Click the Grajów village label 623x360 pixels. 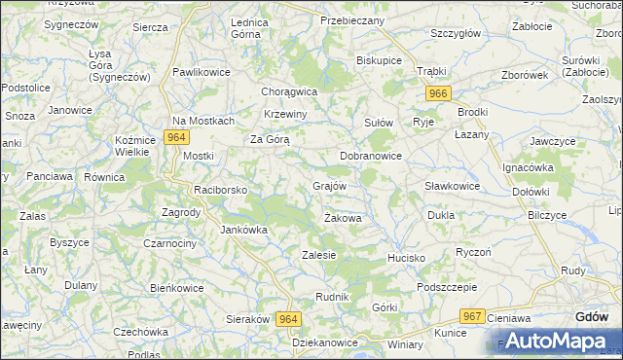click(330, 185)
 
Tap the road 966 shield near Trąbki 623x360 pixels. click(437, 93)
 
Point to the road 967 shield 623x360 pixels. click(473, 316)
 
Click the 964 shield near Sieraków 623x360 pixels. click(288, 319)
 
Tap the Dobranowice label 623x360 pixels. click(371, 156)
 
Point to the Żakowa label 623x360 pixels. click(343, 218)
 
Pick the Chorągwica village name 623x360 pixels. click(289, 91)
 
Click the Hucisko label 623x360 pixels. click(406, 258)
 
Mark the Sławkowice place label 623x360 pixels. click(453, 186)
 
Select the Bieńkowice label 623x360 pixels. click(176, 288)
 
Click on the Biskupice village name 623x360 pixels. click(380, 59)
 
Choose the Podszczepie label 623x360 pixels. click(446, 287)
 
